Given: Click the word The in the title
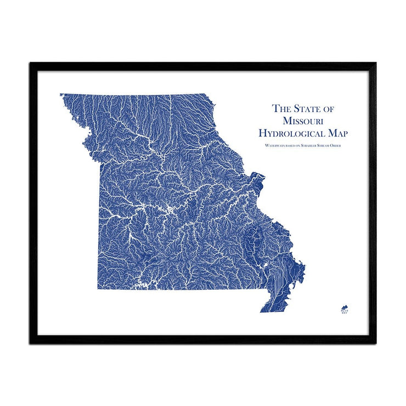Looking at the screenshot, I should [281, 108].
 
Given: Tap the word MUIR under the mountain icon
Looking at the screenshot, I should [344, 310].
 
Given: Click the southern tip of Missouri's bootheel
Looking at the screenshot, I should [261, 312].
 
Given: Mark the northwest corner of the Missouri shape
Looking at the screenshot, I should [60, 94].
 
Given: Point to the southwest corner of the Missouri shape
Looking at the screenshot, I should [99, 289].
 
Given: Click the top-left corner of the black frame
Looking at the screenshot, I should [30, 63].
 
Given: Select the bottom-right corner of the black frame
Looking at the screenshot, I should [376, 343].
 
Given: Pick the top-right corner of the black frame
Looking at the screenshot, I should [376, 63].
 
